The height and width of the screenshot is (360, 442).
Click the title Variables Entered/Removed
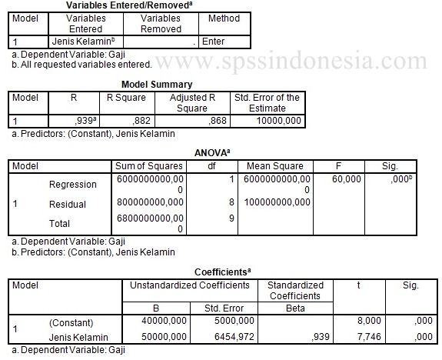click(x=138, y=5)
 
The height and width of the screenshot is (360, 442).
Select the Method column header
click(x=224, y=18)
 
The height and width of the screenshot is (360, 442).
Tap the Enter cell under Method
click(x=212, y=42)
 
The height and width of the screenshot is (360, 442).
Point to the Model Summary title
click(x=157, y=84)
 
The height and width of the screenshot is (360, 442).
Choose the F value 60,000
click(x=347, y=178)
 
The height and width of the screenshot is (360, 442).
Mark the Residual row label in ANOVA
click(x=68, y=204)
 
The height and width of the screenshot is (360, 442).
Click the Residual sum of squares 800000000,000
click(x=149, y=202)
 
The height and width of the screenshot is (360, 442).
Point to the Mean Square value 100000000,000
click(x=277, y=202)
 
